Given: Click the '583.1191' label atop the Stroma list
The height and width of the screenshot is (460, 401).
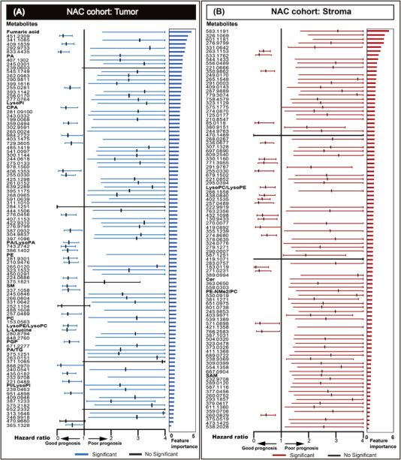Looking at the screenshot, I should click(228, 31).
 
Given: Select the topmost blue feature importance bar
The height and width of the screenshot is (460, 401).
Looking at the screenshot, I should click(180, 32).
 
